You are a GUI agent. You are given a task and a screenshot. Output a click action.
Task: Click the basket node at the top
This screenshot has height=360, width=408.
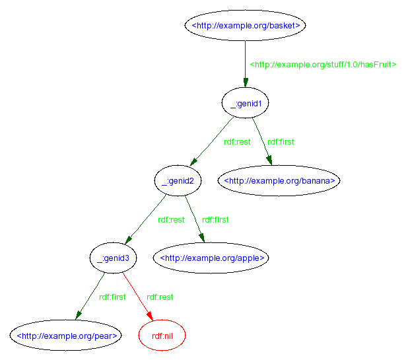coord(246,26)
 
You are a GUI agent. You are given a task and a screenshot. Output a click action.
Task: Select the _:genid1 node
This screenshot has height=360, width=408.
coord(246,103)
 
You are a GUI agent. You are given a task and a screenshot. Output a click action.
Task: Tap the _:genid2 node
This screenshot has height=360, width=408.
coord(178,180)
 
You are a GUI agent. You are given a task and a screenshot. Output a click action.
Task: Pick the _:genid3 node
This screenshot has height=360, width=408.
coord(112,258)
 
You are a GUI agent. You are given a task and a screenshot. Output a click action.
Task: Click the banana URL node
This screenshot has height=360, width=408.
coord(279,180)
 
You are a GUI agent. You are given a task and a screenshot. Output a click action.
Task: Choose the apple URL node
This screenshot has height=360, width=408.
coord(212,258)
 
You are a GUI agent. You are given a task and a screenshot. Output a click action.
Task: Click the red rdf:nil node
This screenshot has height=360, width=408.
coord(162,336)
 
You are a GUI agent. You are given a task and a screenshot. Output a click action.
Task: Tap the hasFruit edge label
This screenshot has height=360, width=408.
coord(323,65)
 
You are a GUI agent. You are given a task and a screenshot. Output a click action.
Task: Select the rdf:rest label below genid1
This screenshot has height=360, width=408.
coord(237,142)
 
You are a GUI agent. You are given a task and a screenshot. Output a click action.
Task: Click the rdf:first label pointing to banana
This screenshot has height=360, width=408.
coord(281,142)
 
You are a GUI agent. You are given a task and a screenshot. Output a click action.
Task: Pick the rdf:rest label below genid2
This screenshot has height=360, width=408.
coord(171,220)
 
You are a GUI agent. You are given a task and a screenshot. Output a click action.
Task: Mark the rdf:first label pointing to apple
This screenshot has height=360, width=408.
coord(215,220)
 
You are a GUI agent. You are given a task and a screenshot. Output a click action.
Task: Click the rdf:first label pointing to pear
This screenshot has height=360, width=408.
coord(112,297)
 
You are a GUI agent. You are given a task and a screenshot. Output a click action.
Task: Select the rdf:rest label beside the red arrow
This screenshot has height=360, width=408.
coord(160,297)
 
